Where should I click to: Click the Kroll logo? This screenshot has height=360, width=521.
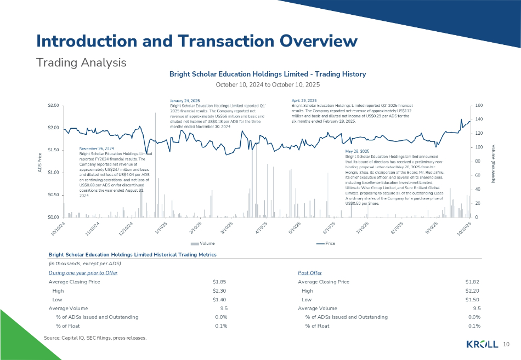click(482, 344)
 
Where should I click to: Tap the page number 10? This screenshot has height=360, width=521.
click(506, 344)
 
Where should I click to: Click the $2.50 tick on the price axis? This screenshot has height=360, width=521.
click(53, 105)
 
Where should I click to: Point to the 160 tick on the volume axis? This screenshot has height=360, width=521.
click(479, 105)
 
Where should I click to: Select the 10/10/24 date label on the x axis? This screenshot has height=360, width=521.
click(58, 226)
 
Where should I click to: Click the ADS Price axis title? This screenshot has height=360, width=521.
click(39, 161)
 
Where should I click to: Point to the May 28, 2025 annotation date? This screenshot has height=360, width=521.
click(357, 151)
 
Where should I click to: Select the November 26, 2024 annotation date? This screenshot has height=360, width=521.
click(97, 148)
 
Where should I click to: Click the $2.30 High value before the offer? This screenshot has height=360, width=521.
click(219, 291)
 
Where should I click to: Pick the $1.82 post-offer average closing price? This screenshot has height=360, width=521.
click(472, 282)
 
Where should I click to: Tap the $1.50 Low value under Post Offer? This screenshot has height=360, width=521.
click(472, 300)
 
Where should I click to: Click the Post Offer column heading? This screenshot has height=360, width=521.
click(310, 273)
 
